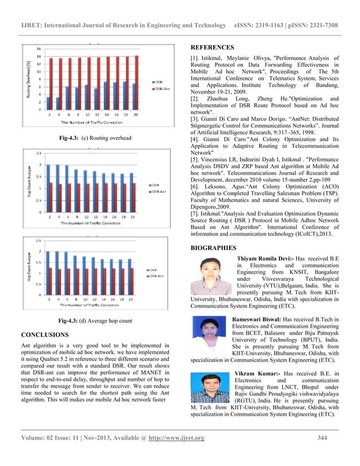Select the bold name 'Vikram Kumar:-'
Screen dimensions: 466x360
(257, 373)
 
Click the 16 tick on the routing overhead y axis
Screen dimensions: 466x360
(38, 48)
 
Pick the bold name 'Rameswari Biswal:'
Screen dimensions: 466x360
(256, 319)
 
